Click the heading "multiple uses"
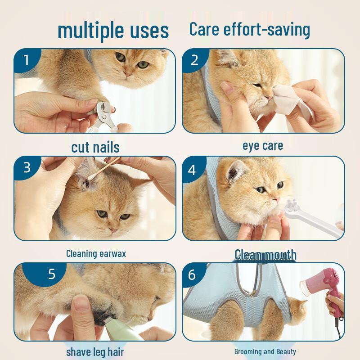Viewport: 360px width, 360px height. point(113,31)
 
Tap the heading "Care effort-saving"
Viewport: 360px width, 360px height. point(249,29)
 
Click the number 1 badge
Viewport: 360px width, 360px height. point(26,60)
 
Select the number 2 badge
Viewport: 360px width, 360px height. point(194,60)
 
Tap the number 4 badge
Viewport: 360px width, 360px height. point(193,170)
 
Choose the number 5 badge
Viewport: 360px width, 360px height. point(51,274)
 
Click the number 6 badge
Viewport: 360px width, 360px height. point(192,274)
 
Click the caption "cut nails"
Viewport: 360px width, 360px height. point(95,147)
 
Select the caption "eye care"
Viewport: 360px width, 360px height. point(263,145)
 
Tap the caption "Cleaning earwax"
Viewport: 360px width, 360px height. point(96,253)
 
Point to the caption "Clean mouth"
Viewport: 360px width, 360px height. point(265,255)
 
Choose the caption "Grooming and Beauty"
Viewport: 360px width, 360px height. point(265,351)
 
